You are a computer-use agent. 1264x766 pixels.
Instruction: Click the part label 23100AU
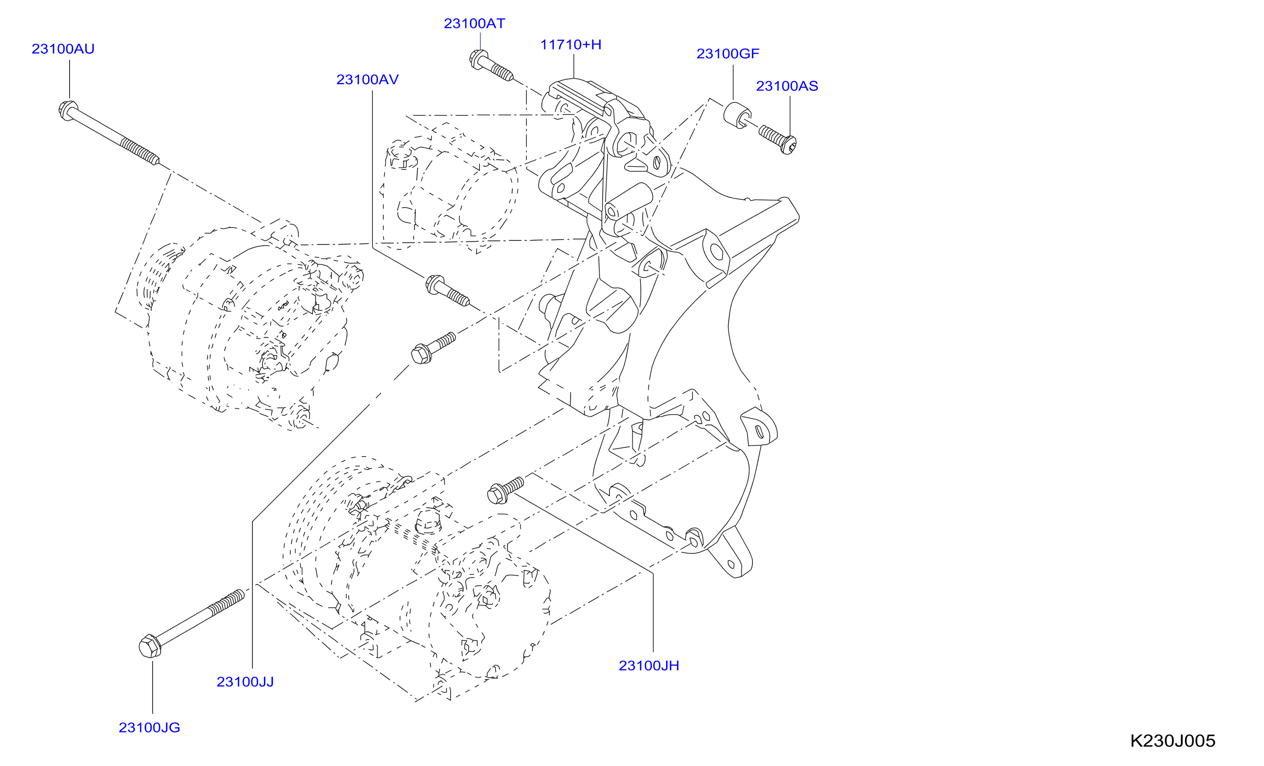[x=63, y=49]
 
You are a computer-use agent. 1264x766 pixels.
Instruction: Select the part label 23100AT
[x=475, y=24]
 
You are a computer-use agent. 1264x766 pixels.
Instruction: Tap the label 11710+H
[x=571, y=45]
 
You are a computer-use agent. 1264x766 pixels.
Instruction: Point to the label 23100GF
[x=728, y=54]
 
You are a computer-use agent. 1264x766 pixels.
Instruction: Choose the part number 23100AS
[x=787, y=86]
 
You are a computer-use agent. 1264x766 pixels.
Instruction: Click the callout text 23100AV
[x=368, y=80]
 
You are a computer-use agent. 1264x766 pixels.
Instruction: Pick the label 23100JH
[x=649, y=666]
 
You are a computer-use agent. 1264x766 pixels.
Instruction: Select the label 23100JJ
[x=245, y=682]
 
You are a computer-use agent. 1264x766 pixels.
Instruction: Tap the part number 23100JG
[x=150, y=728]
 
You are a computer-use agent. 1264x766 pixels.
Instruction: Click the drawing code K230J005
[x=1173, y=741]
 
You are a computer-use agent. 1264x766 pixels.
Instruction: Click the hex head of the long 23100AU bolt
[x=68, y=110]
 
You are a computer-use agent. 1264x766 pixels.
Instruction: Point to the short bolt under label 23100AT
[x=491, y=66]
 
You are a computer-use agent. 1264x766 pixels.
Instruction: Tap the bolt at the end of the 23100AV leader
[x=447, y=291]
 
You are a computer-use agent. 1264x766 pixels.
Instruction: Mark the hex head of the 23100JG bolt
[x=150, y=646]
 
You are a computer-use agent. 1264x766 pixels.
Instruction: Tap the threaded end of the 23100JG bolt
[x=227, y=602]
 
